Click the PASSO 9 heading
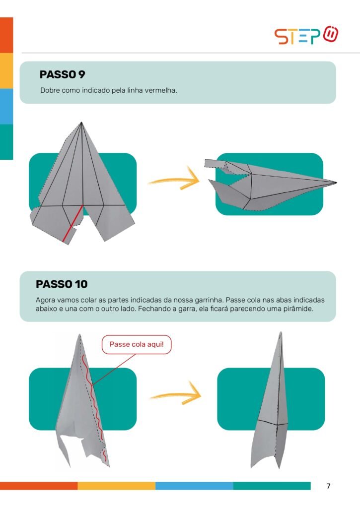62,74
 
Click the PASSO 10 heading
62,284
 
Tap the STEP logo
306,35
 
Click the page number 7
328,486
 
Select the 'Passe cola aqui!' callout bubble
137,344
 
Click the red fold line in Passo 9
72,224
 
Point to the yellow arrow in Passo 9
174,179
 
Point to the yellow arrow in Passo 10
176,393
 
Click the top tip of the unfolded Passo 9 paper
81,122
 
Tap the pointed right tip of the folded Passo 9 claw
336,183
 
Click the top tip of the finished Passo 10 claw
281,332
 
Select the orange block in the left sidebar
6,35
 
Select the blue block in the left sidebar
6,106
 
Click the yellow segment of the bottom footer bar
116,486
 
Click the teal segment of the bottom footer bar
272,486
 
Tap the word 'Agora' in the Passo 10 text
45,300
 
